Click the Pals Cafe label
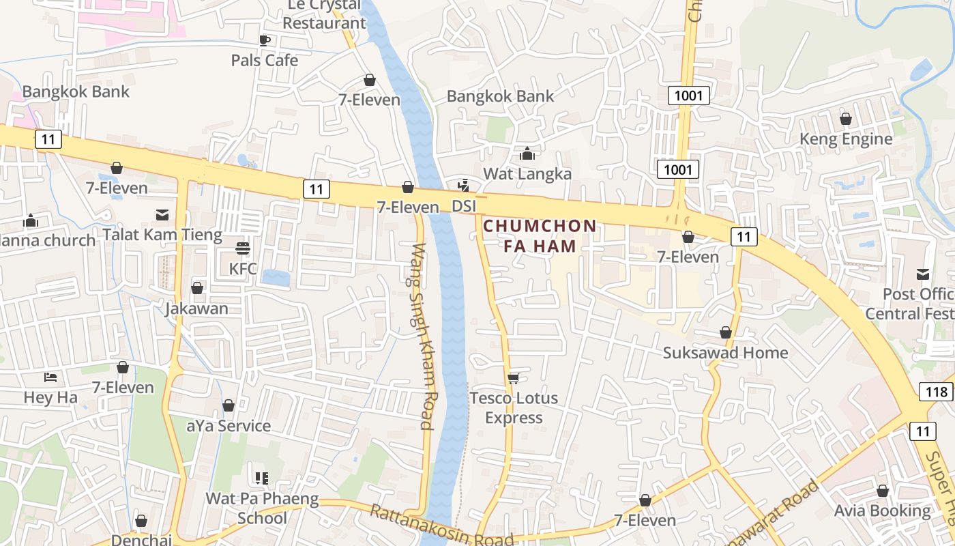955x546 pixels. pos(265,60)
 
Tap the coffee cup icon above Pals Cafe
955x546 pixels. pos(265,40)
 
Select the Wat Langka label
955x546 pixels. pos(527,174)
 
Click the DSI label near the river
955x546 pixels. pos(464,205)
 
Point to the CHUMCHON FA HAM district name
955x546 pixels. pos(540,235)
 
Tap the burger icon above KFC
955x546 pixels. pos(243,248)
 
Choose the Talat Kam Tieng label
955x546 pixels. pos(162,235)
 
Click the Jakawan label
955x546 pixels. pos(196,308)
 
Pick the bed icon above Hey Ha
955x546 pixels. pos(50,377)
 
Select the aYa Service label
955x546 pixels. pos(229,426)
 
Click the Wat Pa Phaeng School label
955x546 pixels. pos(262,508)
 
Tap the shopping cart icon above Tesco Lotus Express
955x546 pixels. pos(514,378)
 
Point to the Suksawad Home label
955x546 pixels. pos(725,353)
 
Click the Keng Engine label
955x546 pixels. pos(846,139)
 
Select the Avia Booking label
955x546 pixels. pos(882,511)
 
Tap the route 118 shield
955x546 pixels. pos(936,392)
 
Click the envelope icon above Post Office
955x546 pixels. pos(923,274)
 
